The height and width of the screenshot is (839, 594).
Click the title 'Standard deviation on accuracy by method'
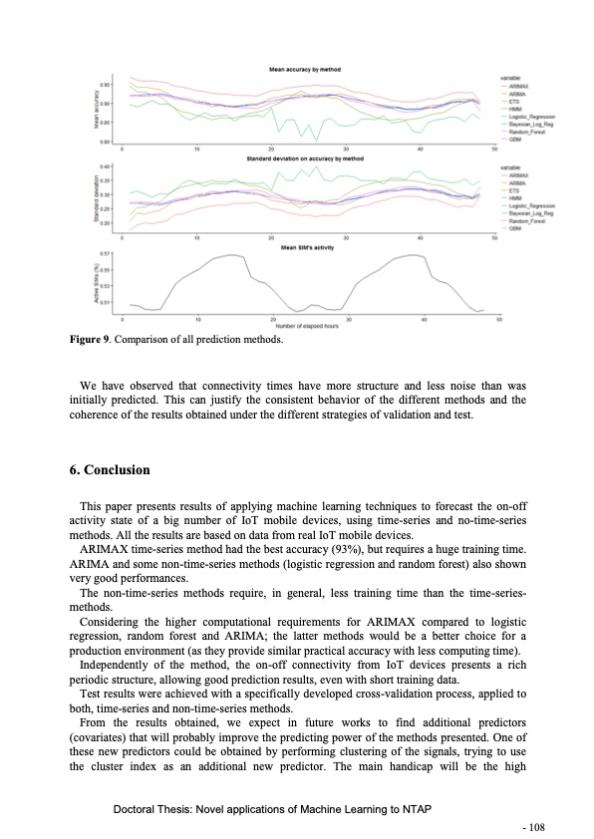307,157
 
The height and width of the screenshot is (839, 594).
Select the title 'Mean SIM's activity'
307,245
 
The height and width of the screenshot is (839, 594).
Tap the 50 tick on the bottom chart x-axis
498,320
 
